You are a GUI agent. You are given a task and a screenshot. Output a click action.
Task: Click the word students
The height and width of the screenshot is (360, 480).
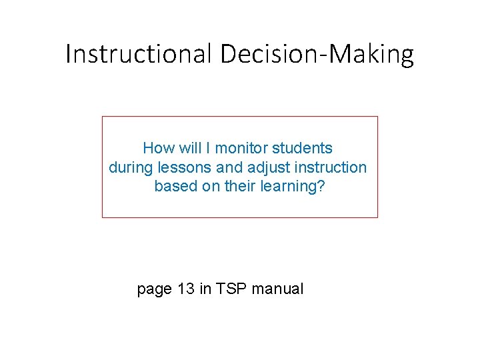303,148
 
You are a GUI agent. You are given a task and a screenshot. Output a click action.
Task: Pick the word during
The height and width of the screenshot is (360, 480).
131,167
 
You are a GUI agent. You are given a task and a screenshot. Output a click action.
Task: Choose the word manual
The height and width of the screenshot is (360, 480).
277,289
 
